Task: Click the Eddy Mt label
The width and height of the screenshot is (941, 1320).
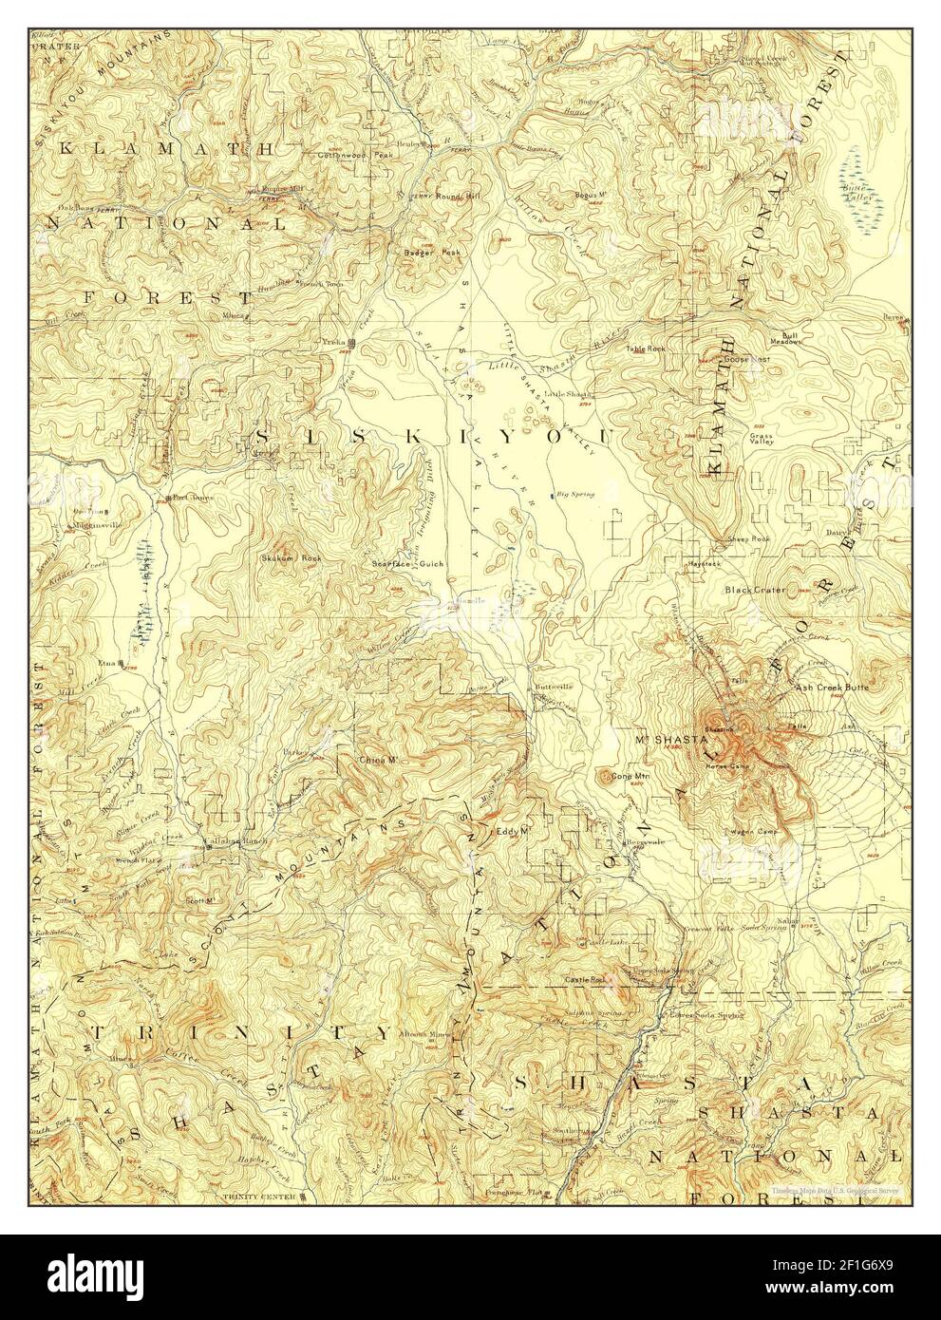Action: (x=512, y=831)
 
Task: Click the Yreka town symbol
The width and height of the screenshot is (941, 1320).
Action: (x=352, y=343)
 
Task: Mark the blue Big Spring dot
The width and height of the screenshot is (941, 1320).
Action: (x=551, y=495)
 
